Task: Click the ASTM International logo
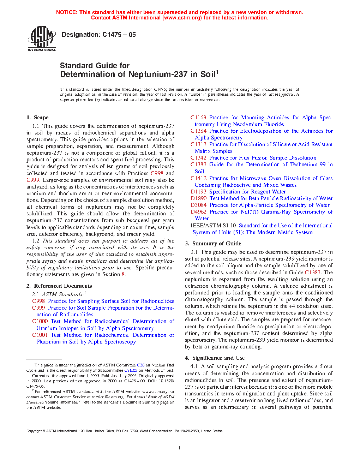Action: click(42, 39)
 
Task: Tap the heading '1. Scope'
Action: click(37, 118)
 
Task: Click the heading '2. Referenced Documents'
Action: click(59, 286)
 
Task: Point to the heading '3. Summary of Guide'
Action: click(213, 244)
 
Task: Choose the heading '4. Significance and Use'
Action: click(215, 358)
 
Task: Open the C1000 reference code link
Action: click(40, 321)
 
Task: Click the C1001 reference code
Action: click(40, 335)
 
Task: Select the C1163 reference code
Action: click(198, 118)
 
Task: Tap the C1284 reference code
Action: click(198, 131)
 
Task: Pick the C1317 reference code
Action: click(198, 144)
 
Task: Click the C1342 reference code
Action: click(198, 158)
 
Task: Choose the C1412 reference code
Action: click(198, 178)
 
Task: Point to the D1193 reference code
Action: click(198, 192)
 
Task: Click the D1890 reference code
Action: click(198, 198)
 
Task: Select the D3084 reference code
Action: click(198, 205)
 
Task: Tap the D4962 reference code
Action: click(198, 212)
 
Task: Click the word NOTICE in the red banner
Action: click(67, 12)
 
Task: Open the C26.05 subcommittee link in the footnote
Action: click(131, 370)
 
